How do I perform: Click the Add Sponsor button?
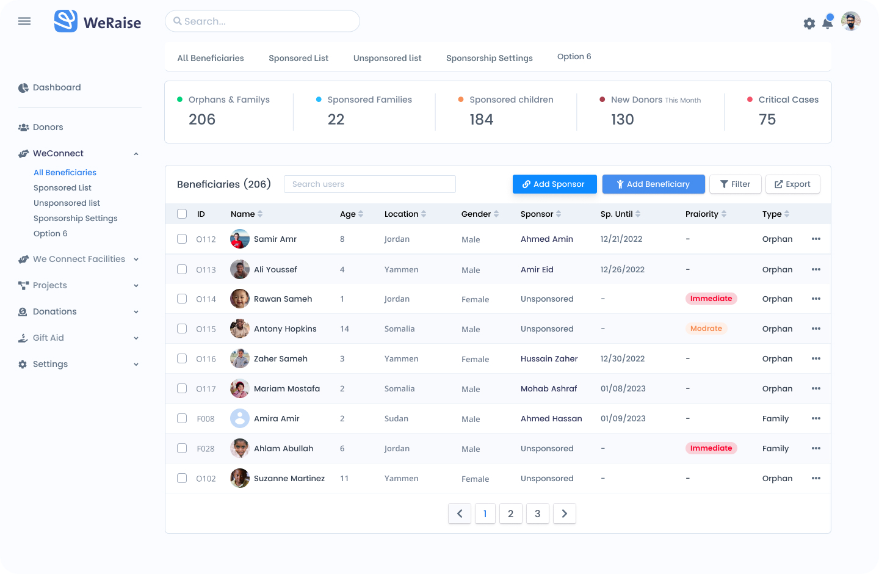click(554, 184)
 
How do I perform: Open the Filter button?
click(735, 184)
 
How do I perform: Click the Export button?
click(793, 184)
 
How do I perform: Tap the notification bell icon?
click(828, 22)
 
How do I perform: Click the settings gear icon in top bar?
click(809, 24)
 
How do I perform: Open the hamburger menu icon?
click(24, 21)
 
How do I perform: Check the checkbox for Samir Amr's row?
click(182, 239)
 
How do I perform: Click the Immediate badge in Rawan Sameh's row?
click(711, 299)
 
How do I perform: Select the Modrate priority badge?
click(706, 329)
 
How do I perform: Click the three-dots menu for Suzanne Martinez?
click(816, 478)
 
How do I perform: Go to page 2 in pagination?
click(510, 514)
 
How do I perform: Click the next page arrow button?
click(564, 514)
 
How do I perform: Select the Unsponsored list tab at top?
click(387, 58)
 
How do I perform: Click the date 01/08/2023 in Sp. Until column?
click(623, 389)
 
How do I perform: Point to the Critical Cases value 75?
click(767, 119)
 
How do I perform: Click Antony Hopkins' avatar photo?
click(240, 329)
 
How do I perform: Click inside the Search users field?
click(370, 184)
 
